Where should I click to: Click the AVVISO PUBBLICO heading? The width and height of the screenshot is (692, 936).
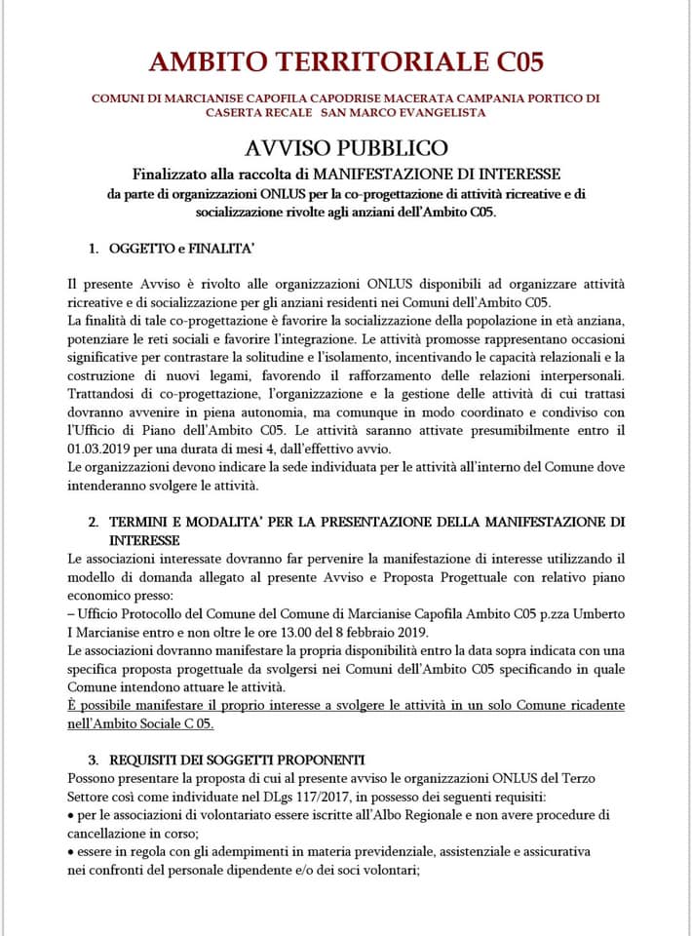pyautogui.click(x=346, y=148)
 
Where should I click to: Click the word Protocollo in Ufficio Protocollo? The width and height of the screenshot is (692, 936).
pyautogui.click(x=158, y=612)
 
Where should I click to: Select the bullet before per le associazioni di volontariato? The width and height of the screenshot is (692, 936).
pyautogui.click(x=71, y=814)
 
